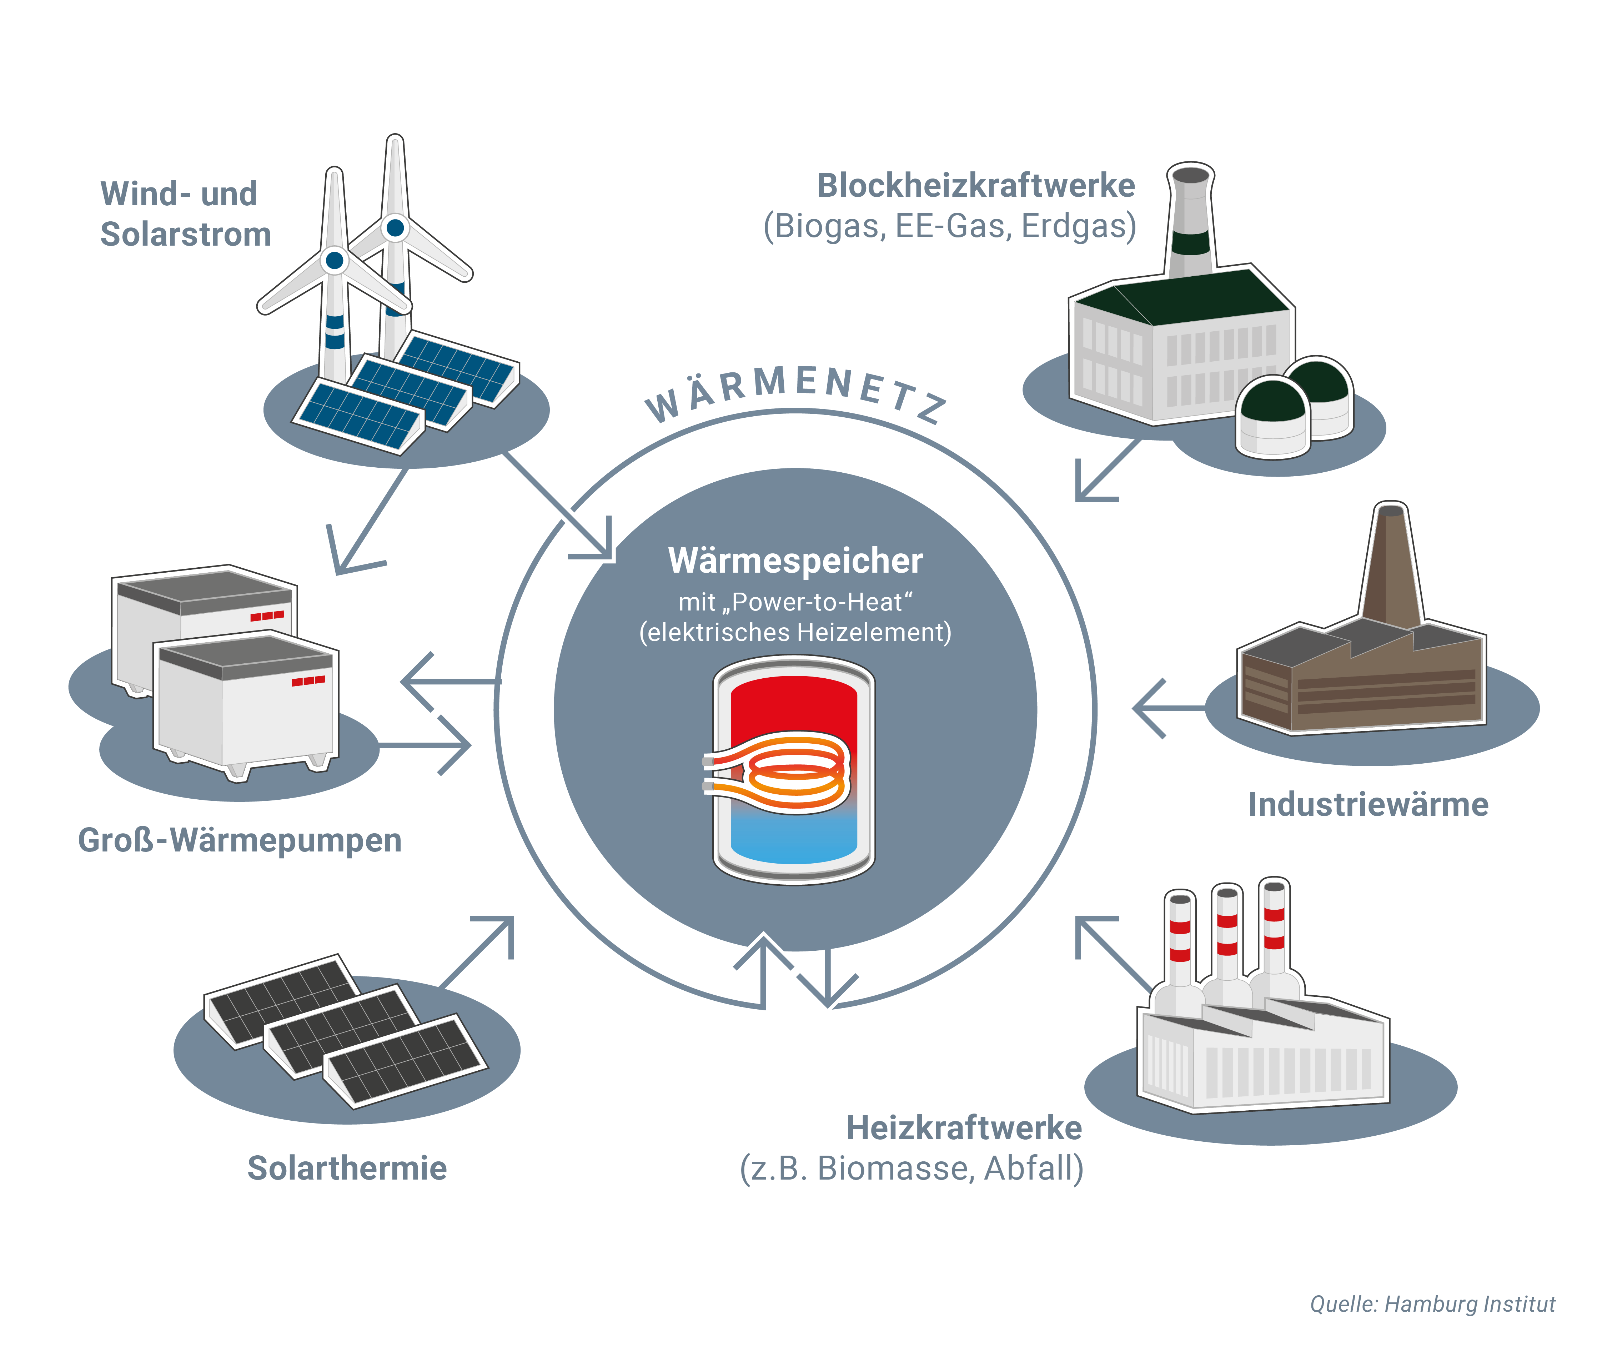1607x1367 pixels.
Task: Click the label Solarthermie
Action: [x=346, y=1168]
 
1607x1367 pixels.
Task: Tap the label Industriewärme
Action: [x=1367, y=804]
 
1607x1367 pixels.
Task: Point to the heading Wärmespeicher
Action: [x=795, y=560]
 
